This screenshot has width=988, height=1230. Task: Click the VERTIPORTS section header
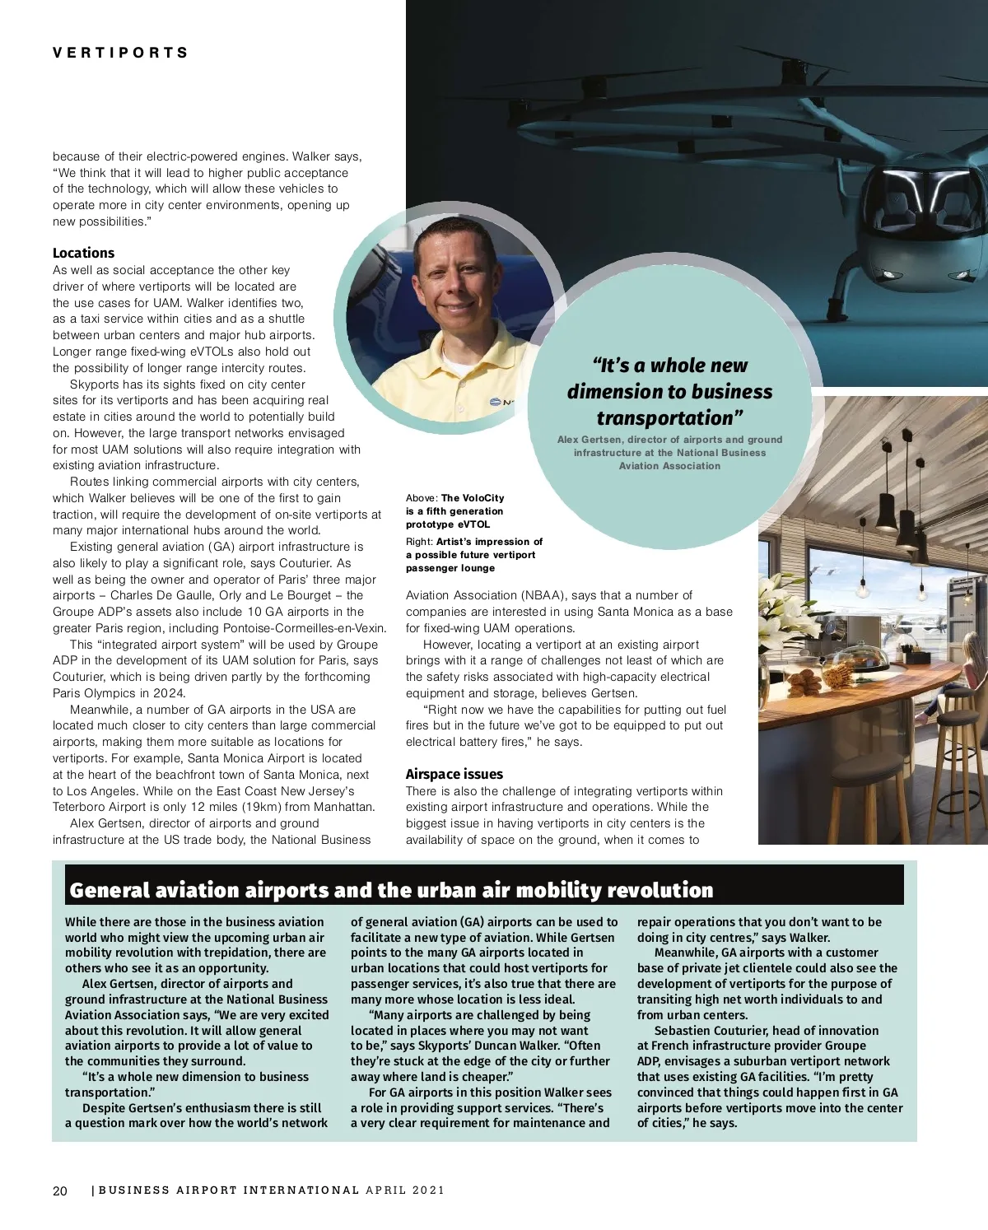coord(121,54)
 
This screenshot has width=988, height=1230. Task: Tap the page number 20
coord(60,1190)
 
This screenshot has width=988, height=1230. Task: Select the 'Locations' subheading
coord(83,253)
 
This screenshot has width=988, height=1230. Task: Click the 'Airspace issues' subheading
coord(454,774)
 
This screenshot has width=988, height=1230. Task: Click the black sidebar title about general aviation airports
coord(392,890)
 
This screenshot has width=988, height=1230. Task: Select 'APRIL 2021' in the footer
coord(405,1190)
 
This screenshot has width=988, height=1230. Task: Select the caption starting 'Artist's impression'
coord(474,554)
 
